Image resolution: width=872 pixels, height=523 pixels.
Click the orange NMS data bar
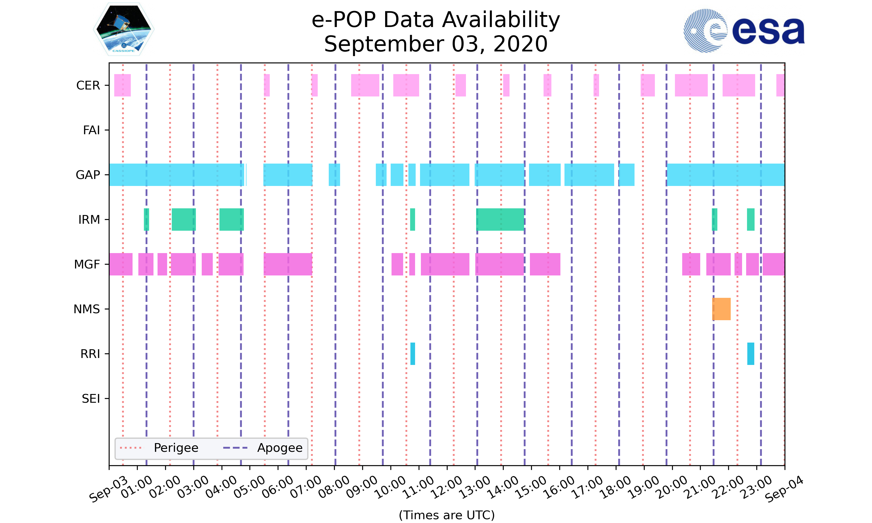click(721, 309)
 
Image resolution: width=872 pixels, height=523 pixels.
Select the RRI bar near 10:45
click(412, 354)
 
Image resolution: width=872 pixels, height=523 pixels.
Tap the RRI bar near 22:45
click(751, 354)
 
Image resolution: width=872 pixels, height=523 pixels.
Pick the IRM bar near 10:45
click(412, 220)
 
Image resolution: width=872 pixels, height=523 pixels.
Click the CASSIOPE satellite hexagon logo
click(124, 30)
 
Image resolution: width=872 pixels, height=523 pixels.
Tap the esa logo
click(744, 31)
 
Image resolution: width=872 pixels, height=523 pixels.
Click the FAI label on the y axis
click(91, 130)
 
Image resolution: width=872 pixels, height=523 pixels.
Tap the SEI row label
click(91, 399)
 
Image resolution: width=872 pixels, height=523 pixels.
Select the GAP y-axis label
click(88, 175)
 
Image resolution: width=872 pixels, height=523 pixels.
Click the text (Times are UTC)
click(446, 515)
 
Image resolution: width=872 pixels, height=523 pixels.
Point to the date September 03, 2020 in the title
click(436, 44)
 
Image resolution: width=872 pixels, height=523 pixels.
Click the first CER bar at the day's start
click(122, 85)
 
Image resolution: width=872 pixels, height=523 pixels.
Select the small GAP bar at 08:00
click(334, 175)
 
